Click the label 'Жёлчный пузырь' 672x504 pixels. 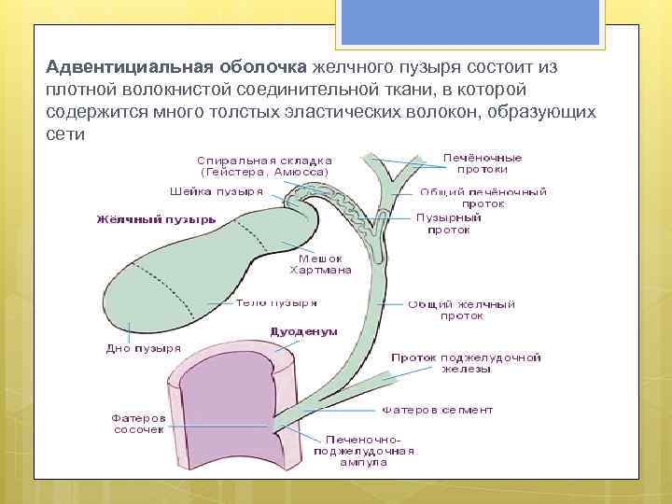pyautogui.click(x=156, y=219)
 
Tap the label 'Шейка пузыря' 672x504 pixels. pyautogui.click(x=216, y=189)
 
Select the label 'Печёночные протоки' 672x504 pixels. pyautogui.click(x=483, y=163)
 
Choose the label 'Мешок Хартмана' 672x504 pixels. pyautogui.click(x=320, y=264)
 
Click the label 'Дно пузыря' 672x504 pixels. pyautogui.click(x=143, y=349)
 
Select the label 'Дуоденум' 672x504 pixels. pyautogui.click(x=303, y=331)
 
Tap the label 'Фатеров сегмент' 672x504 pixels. pyautogui.click(x=437, y=410)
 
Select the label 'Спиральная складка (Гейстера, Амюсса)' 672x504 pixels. pyautogui.click(x=265, y=165)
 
